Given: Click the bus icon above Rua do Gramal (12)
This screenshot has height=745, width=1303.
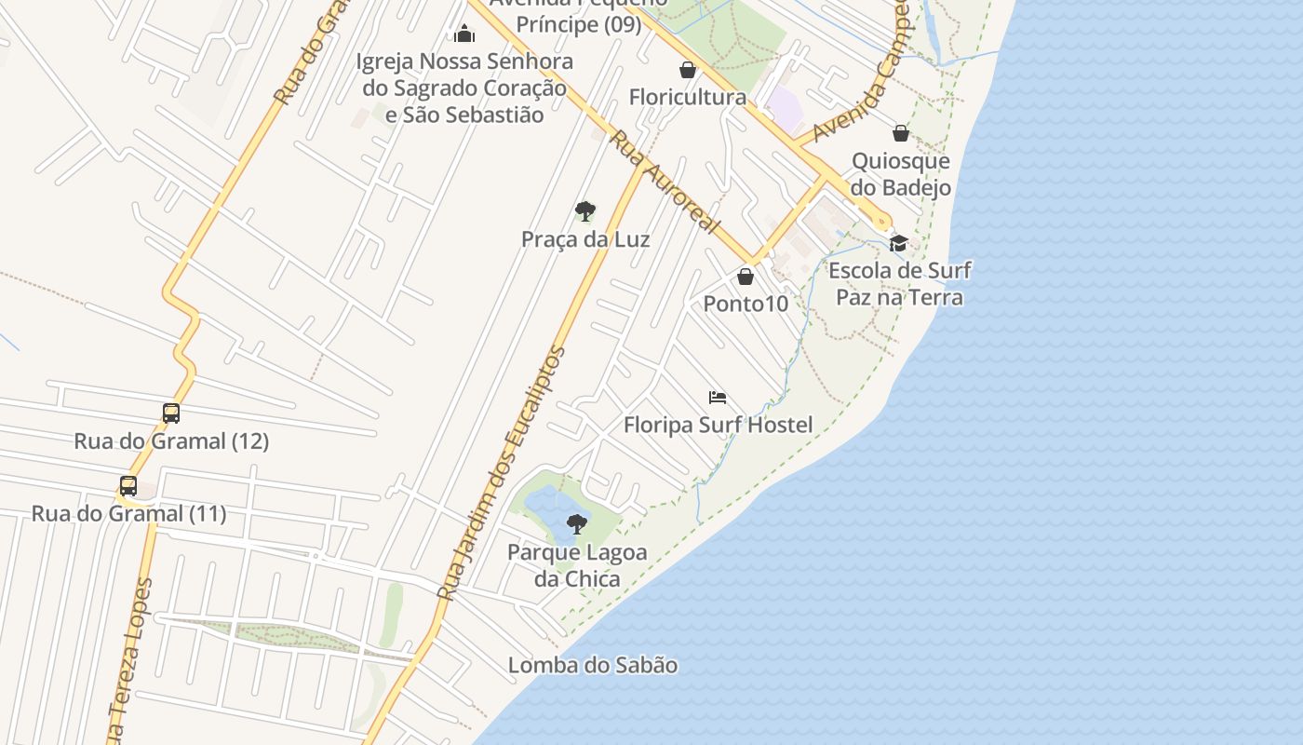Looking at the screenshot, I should click(x=171, y=413).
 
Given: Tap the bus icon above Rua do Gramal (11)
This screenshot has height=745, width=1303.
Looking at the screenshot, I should click(x=128, y=485).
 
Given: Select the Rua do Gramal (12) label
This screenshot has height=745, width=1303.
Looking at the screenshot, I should click(x=171, y=440).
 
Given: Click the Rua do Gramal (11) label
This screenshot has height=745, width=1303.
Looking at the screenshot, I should click(x=128, y=513).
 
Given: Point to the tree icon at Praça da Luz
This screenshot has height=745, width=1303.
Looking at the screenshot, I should click(x=584, y=211).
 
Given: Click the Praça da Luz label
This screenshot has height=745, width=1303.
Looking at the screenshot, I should click(x=584, y=239).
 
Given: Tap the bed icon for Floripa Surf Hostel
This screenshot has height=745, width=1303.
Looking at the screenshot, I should click(x=717, y=398).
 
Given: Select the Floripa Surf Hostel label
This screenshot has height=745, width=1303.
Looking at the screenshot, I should click(x=718, y=426).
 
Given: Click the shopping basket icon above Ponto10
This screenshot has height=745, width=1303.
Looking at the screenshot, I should click(x=745, y=277).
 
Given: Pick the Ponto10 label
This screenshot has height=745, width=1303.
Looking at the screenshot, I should click(x=745, y=304).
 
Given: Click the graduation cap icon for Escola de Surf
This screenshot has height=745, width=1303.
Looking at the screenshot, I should click(x=898, y=244).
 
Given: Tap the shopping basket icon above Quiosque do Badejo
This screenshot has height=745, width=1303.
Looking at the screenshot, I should click(x=900, y=133).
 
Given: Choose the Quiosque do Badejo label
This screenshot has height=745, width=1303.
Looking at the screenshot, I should click(x=900, y=174).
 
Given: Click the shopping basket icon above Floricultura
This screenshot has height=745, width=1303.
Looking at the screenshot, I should click(x=687, y=70).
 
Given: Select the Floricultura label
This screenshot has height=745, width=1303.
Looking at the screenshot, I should click(x=687, y=97).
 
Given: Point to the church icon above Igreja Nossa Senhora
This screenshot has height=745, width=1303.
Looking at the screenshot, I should click(x=464, y=34).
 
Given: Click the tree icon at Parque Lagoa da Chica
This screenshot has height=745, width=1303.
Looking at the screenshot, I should click(x=577, y=523).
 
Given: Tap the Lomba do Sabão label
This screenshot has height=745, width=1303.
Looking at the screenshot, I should click(x=592, y=665).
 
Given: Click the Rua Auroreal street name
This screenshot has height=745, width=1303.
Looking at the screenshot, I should click(x=665, y=181).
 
